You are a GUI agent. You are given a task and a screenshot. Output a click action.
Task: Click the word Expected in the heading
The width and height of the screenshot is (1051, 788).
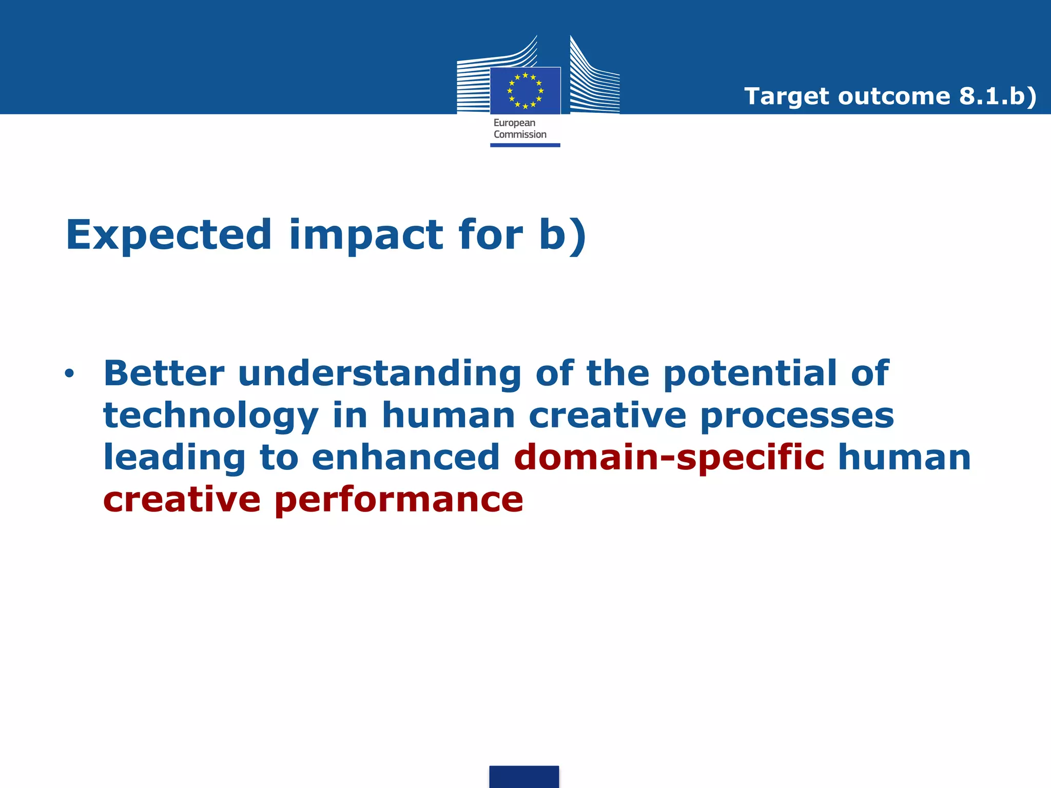point(168,235)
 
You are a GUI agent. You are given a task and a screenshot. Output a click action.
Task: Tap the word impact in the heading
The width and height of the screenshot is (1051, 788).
point(366,235)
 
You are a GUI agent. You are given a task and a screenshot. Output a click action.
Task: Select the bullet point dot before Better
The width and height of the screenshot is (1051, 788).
point(69,374)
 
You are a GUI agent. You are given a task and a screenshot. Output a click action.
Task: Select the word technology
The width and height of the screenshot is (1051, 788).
point(211,417)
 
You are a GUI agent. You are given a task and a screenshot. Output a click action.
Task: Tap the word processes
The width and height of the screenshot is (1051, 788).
point(797,416)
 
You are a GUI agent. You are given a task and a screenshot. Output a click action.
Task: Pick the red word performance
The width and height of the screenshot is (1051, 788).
point(399,501)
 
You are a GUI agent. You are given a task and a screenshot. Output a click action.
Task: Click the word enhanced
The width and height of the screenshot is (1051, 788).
point(405,458)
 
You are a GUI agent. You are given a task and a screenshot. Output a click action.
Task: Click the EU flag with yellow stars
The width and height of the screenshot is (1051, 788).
point(525,91)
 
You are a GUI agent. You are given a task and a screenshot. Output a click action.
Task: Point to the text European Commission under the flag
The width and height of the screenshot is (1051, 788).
point(519,129)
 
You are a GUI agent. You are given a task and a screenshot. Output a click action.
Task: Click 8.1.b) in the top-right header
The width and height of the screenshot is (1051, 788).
point(998,96)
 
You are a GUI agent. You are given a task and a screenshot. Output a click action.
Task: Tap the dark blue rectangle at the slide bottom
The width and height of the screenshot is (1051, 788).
point(524,776)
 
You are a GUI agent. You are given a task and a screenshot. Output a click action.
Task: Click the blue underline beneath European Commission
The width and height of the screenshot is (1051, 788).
point(525,145)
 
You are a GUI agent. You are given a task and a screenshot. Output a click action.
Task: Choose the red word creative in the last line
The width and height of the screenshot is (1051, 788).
point(182,500)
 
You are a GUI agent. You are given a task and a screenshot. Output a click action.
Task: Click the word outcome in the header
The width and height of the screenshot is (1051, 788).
point(894,96)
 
